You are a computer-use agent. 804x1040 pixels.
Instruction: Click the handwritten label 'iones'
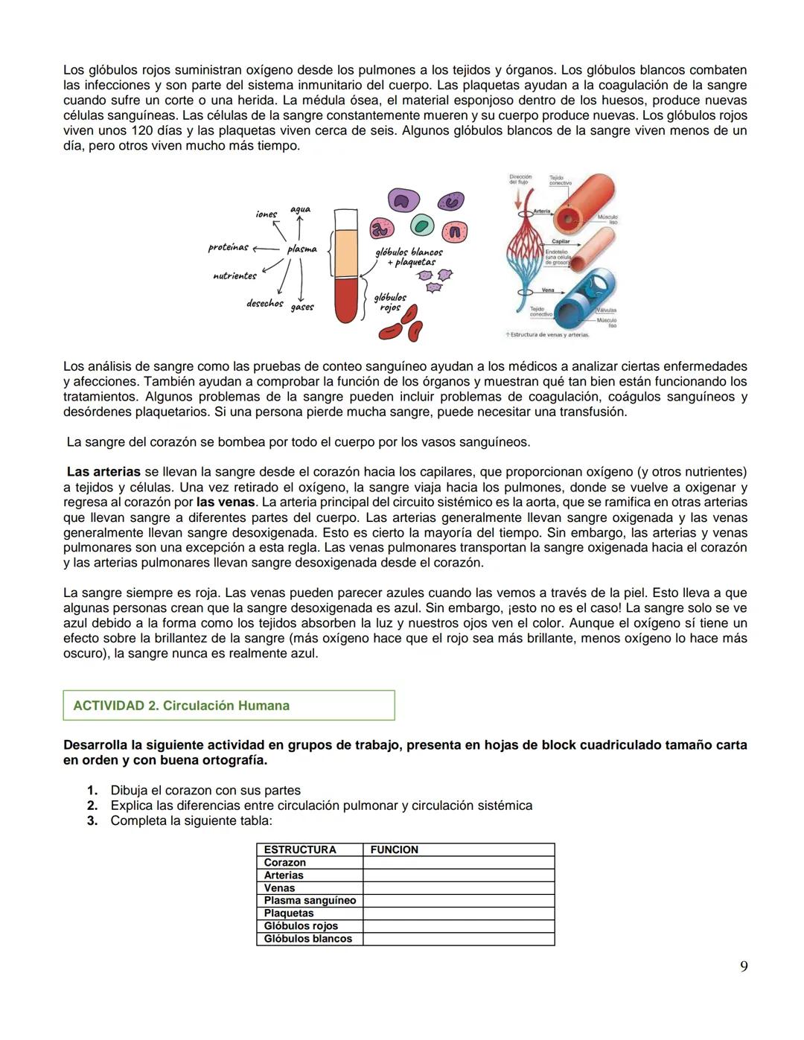tap(266, 214)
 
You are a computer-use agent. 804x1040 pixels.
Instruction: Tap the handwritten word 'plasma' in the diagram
tap(301, 249)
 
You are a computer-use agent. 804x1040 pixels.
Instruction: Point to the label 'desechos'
tap(264, 303)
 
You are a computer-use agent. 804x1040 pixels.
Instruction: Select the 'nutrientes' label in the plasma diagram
tap(234, 275)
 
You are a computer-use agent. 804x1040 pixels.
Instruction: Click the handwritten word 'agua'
tap(300, 209)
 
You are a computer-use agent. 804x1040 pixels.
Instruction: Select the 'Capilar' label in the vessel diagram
tap(561, 241)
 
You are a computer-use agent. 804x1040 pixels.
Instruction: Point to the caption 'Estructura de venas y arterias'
tap(548, 335)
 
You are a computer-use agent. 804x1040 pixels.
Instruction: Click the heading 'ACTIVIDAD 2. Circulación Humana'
tap(181, 706)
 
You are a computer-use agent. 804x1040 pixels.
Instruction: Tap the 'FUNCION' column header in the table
tap(394, 849)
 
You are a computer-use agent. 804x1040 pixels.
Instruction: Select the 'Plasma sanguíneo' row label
tap(310, 900)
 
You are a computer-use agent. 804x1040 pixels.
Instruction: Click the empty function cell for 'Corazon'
tap(458, 862)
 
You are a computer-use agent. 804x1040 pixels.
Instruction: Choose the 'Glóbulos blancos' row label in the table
tap(307, 939)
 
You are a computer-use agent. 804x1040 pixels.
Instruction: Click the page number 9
tap(744, 966)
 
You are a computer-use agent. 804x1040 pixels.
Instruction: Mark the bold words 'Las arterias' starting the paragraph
tap(103, 472)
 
